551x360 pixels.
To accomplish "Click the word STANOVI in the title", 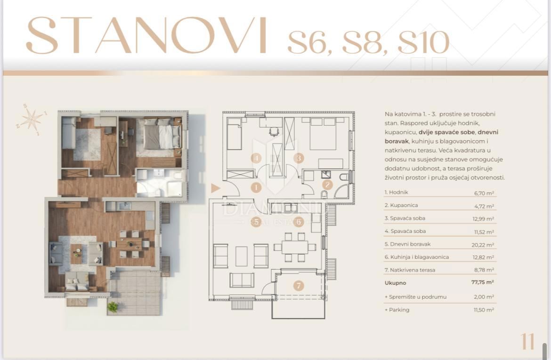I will [146, 36].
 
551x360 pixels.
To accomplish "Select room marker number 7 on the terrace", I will [298, 286].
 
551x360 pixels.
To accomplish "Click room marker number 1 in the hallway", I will [256, 187].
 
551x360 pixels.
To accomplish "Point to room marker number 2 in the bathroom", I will [328, 185].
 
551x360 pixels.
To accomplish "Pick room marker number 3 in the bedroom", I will [299, 158].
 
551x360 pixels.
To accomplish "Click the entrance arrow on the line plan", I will [216, 188].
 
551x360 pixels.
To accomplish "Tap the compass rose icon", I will [32, 119].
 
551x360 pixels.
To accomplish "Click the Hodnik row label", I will [396, 192].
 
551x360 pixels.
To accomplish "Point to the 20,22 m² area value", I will [484, 245].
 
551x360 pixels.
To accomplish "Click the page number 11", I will [527, 342].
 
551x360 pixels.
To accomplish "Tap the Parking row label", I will [399, 310].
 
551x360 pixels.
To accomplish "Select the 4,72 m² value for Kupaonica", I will [484, 206].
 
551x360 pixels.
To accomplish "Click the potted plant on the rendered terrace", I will [113, 307].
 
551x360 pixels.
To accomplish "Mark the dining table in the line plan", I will [295, 247].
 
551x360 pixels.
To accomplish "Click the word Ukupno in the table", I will [395, 283].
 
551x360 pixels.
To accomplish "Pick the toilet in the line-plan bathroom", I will [344, 177].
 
